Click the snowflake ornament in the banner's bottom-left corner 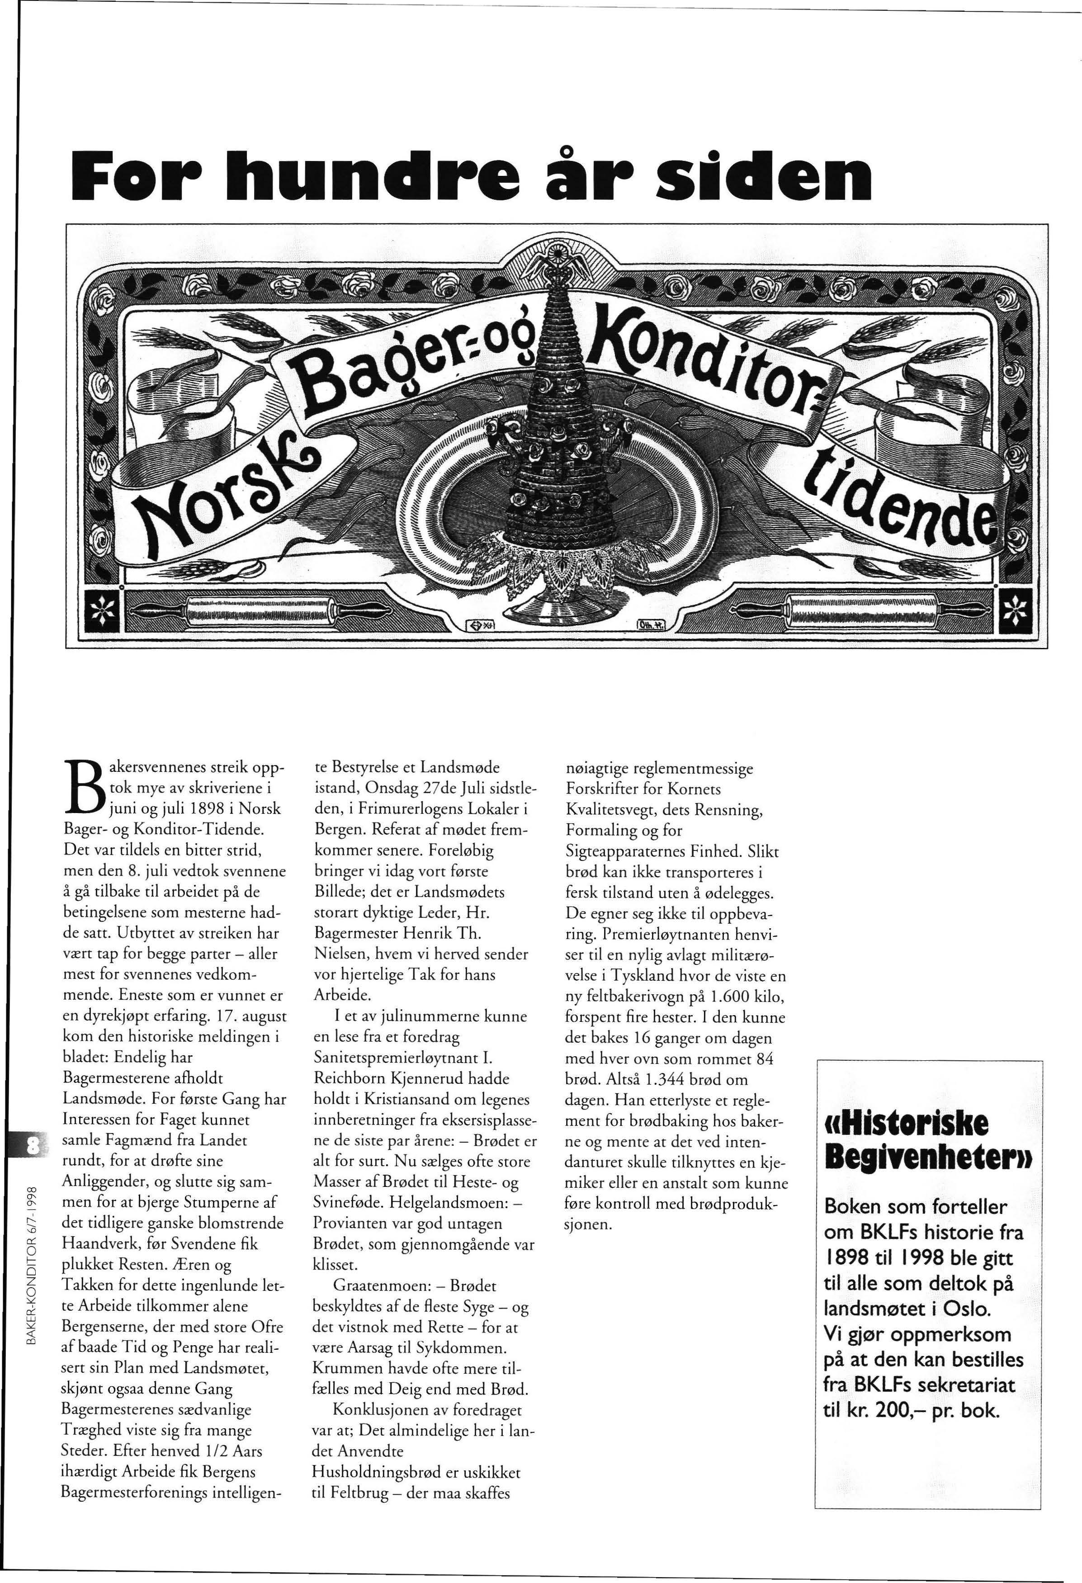[x=99, y=604]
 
